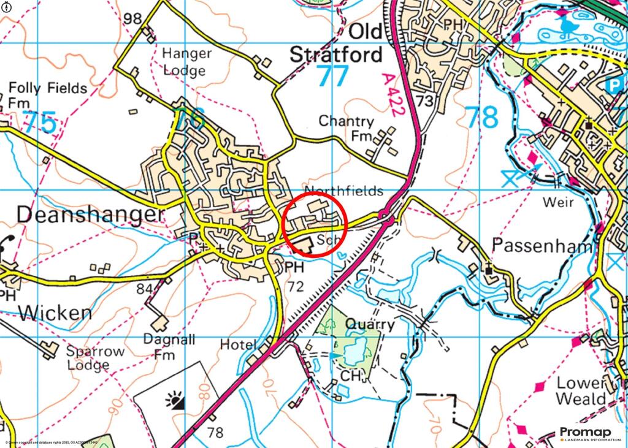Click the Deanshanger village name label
click(x=91, y=215)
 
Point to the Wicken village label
click(x=55, y=313)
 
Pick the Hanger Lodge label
click(x=187, y=62)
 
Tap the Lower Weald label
click(x=581, y=391)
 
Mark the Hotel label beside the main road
click(x=238, y=344)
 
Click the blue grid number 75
click(x=41, y=123)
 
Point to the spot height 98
click(x=132, y=18)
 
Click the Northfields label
click(x=343, y=191)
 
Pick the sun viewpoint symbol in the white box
click(x=175, y=401)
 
